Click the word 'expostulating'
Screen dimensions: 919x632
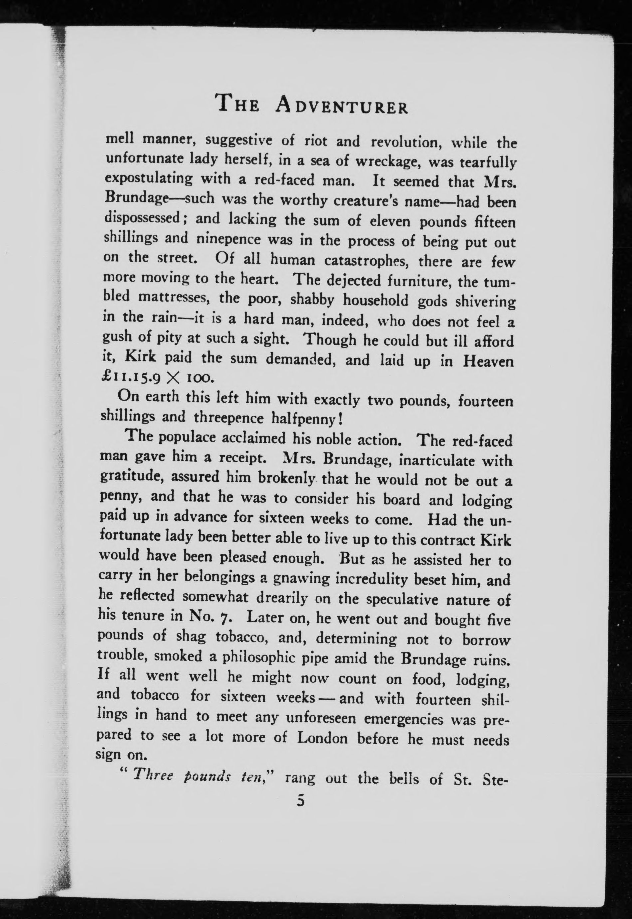coord(148,179)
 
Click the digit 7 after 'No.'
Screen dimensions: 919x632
coord(227,619)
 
